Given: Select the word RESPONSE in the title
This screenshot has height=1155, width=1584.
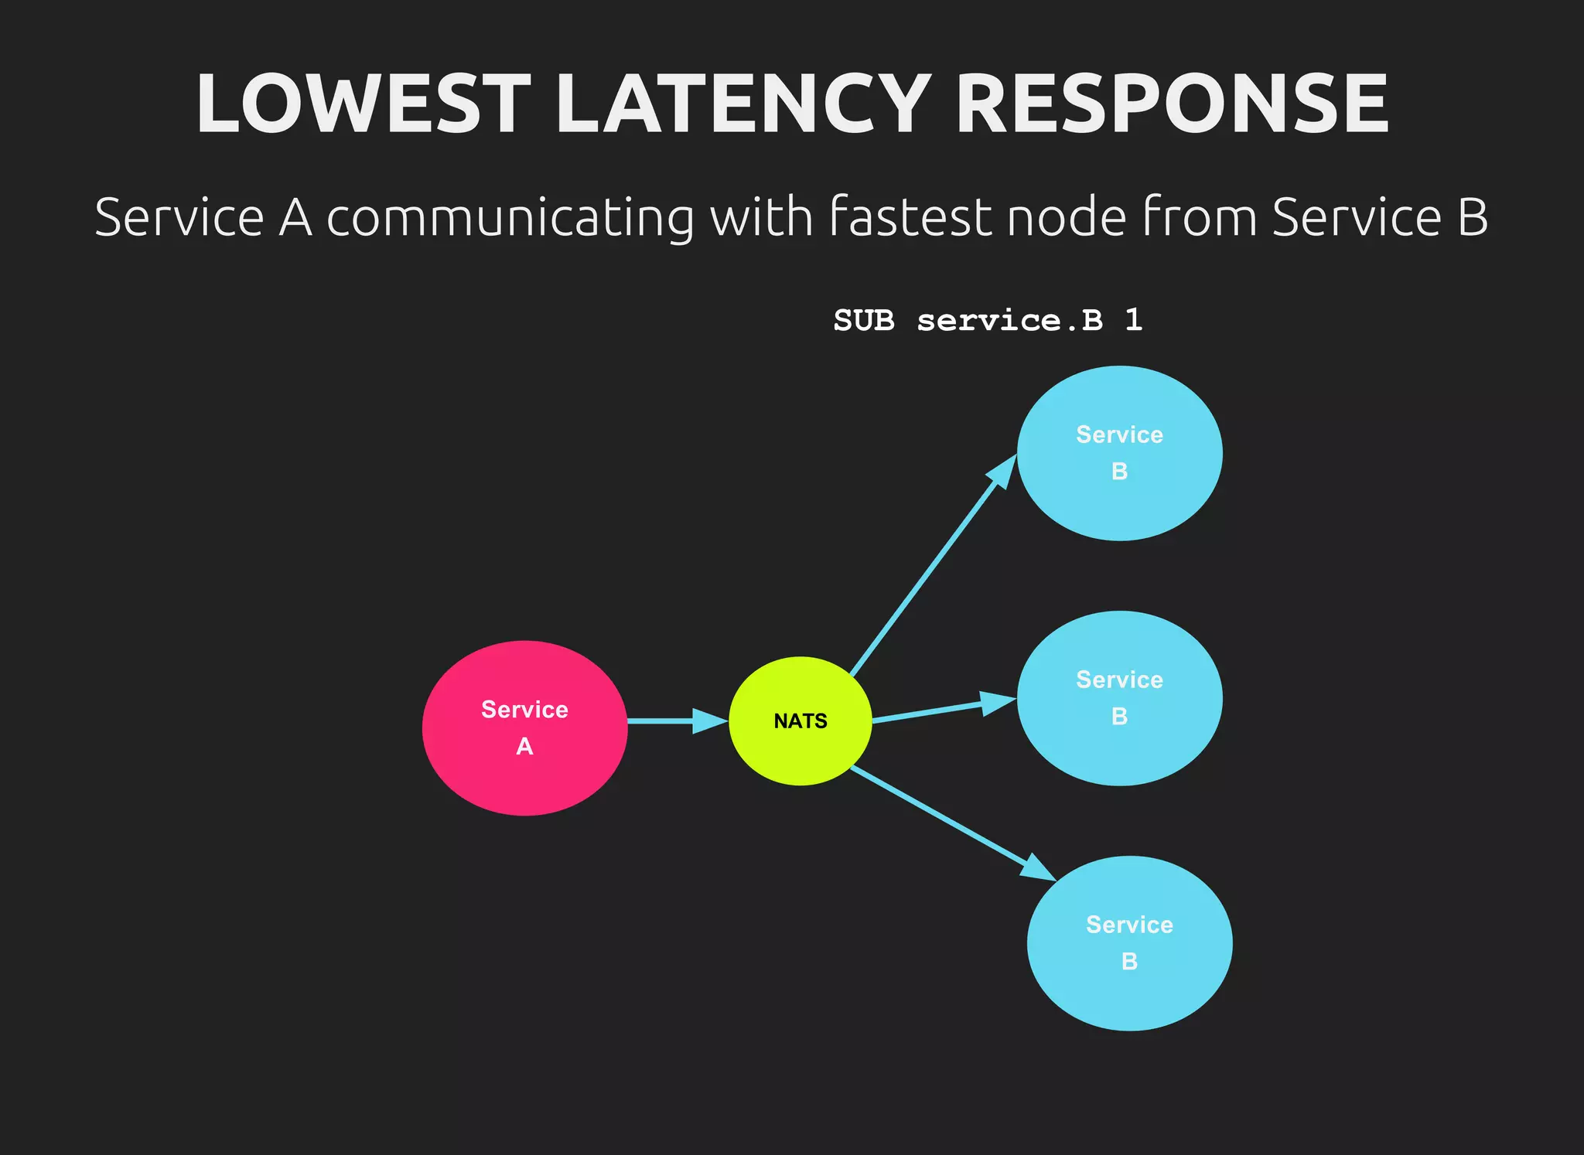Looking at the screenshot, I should pyautogui.click(x=1173, y=104).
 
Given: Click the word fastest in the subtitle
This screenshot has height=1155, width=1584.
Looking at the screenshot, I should pyautogui.click(x=910, y=217).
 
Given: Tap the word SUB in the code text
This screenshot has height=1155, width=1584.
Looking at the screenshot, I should pyautogui.click(x=864, y=320).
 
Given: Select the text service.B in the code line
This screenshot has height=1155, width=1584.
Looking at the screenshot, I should pyautogui.click(x=1010, y=320).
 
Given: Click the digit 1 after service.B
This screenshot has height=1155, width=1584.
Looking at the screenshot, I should pyautogui.click(x=1134, y=320).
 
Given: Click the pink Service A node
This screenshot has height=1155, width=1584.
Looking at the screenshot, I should pyautogui.click(x=524, y=727).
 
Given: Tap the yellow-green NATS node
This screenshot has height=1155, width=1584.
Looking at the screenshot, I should pyautogui.click(x=801, y=721).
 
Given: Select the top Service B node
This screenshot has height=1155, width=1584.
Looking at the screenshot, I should pyautogui.click(x=1119, y=453).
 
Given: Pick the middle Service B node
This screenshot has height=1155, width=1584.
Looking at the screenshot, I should pyautogui.click(x=1119, y=698).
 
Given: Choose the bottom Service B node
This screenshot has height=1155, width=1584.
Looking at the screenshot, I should pyautogui.click(x=1129, y=943).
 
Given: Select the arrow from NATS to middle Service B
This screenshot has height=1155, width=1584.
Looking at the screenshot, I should pyautogui.click(x=944, y=710).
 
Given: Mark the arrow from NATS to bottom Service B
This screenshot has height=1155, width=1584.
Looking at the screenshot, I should pyautogui.click(x=951, y=823).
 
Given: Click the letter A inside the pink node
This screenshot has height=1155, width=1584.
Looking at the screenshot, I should pyautogui.click(x=524, y=747).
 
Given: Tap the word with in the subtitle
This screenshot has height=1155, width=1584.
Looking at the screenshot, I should pyautogui.click(x=761, y=217).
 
